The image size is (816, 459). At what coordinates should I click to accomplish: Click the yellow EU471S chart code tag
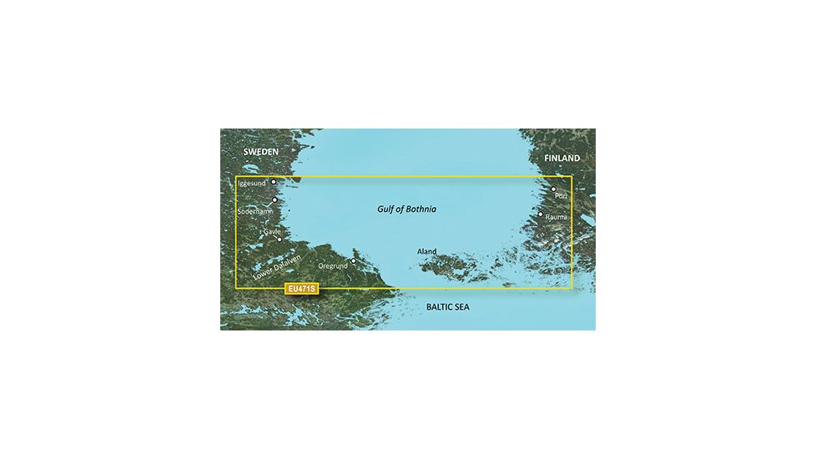[300, 290]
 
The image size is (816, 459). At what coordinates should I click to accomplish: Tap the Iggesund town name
[251, 183]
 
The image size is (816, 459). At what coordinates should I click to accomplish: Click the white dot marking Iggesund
[273, 181]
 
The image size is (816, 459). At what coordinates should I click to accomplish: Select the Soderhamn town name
[254, 212]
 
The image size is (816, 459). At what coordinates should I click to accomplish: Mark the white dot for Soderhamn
[275, 201]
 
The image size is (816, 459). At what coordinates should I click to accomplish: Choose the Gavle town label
[271, 231]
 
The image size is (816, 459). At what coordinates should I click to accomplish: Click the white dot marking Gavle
[280, 240]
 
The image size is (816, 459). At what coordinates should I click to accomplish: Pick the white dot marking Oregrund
[353, 260]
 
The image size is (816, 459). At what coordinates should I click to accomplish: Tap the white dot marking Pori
[553, 189]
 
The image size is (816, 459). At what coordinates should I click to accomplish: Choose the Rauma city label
[556, 217]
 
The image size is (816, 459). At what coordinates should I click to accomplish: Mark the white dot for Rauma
[541, 214]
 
